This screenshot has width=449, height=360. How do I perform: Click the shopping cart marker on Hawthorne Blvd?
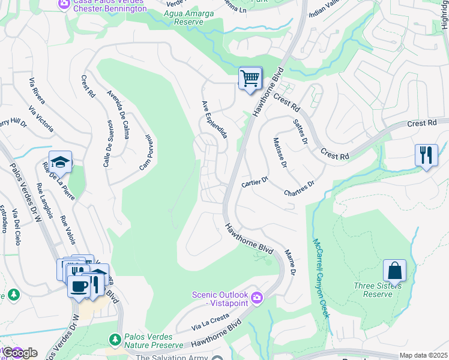pos(250,78)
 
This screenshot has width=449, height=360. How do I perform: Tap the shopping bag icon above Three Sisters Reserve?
pos(394,271)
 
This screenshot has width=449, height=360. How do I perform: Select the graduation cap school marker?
pos(60,163)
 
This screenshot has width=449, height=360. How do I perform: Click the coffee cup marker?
pos(78,285)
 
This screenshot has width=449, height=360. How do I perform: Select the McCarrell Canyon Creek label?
pos(321,278)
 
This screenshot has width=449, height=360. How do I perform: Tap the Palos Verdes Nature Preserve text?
pos(153,341)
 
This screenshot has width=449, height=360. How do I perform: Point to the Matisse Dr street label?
pos(280,152)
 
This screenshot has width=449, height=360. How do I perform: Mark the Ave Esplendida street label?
pos(214,120)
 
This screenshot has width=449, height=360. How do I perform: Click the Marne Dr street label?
pos(289,263)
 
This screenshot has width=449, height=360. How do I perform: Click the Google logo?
pos(20,352)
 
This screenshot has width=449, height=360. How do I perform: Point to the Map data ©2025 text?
pos(423,355)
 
